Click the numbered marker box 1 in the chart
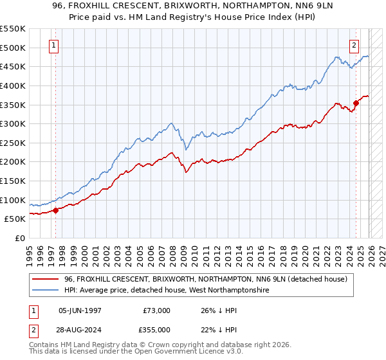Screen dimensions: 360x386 [52, 45]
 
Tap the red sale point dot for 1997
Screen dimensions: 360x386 [56, 210]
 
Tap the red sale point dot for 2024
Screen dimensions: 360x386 [356, 102]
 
